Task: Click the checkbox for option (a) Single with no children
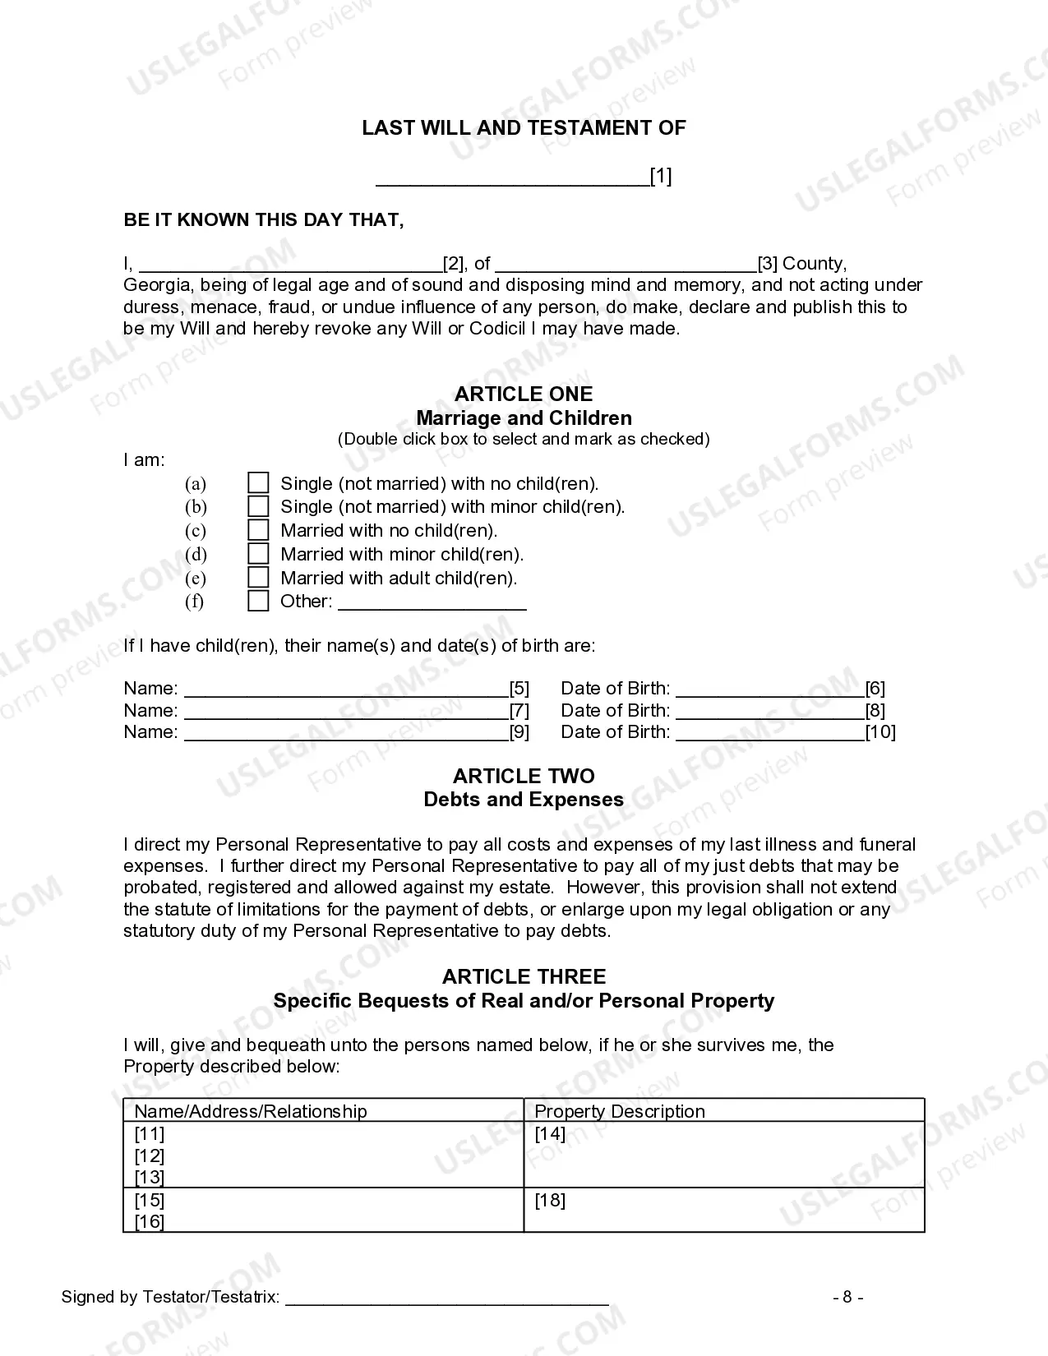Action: [x=258, y=482]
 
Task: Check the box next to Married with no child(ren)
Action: [x=258, y=530]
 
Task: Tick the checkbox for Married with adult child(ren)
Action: [x=258, y=578]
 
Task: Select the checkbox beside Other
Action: [x=258, y=601]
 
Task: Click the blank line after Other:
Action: [x=432, y=604]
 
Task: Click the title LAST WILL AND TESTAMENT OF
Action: [x=524, y=128]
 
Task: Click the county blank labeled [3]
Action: [x=626, y=265]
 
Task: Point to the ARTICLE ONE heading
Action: [x=524, y=394]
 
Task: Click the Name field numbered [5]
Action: [x=346, y=690]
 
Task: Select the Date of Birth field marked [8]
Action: [x=769, y=712]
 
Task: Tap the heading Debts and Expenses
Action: [x=524, y=800]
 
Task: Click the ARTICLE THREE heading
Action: [x=524, y=976]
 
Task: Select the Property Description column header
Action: [x=620, y=1111]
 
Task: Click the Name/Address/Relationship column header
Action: [x=251, y=1111]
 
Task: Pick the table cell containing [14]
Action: [x=723, y=1154]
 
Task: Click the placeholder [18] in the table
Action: [x=550, y=1200]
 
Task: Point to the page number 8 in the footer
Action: [x=847, y=1298]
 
